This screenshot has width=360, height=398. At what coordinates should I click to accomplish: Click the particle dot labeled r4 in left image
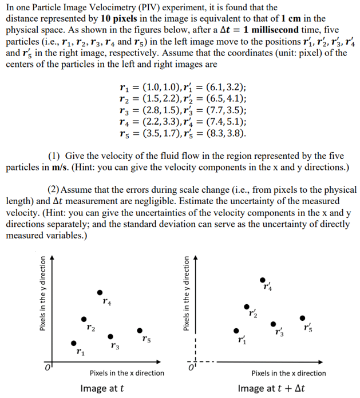100,292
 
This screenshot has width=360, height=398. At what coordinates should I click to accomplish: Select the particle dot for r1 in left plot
73,343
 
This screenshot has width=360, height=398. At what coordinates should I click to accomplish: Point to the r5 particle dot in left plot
140,330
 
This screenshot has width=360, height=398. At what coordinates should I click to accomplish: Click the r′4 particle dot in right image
263,280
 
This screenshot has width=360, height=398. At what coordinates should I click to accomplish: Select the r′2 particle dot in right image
247,307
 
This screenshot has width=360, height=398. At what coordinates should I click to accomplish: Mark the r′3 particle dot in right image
273,324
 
